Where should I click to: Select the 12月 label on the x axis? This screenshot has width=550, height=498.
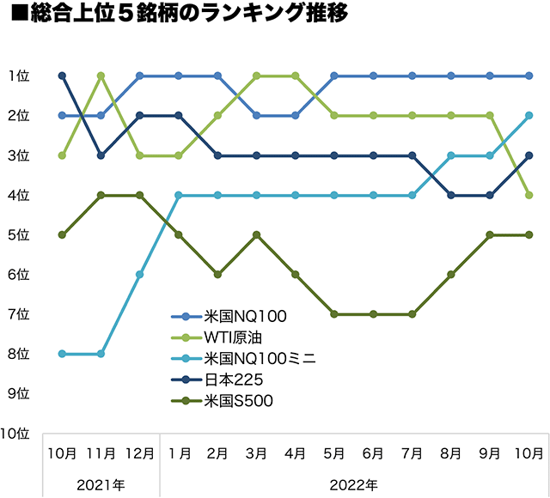coord(140,452)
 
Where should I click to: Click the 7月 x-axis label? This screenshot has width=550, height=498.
coord(412,452)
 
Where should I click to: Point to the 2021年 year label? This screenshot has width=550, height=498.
coord(101,484)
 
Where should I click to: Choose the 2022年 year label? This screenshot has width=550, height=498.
coord(353,484)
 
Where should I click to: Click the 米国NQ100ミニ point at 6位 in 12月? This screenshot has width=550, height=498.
coord(140,275)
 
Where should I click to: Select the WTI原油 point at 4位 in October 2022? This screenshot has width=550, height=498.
coord(529,195)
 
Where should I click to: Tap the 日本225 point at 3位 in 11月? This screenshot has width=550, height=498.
coord(101,155)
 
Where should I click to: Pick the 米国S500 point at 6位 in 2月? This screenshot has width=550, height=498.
coord(218,275)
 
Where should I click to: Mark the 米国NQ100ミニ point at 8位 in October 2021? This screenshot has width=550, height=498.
coord(62,354)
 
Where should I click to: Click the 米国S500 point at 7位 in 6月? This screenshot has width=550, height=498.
coord(374,314)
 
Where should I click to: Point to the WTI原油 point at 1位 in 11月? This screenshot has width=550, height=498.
coord(101,76)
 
